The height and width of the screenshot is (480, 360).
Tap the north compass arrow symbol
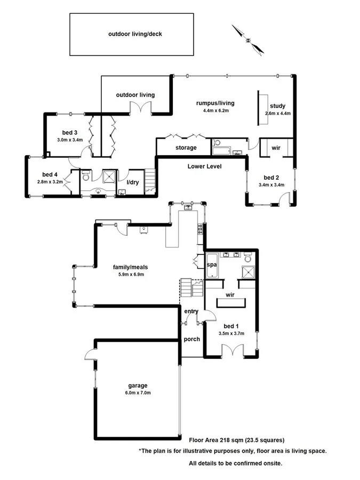tap(248, 39)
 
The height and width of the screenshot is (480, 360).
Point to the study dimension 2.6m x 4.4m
tap(278, 113)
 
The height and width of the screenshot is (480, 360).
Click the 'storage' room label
tap(186, 148)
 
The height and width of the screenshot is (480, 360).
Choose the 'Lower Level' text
tap(204, 166)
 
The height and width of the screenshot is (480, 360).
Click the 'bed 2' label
tap(271, 178)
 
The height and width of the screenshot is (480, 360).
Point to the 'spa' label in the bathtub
tap(211, 265)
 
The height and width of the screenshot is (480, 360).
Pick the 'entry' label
tap(191, 311)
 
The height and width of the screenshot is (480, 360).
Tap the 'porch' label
tap(191, 339)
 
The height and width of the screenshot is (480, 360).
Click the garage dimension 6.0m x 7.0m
tap(137, 393)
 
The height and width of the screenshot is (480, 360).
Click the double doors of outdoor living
tap(141, 109)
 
